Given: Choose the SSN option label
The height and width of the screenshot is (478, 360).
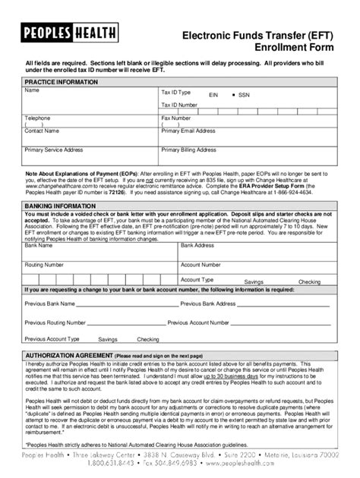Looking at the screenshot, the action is pyautogui.click(x=244, y=96).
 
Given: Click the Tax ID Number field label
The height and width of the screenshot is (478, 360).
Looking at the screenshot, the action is pyautogui.click(x=179, y=105).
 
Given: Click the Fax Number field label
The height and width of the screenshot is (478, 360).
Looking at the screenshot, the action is pyautogui.click(x=176, y=118).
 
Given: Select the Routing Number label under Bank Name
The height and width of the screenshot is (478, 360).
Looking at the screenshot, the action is pyautogui.click(x=43, y=265).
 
